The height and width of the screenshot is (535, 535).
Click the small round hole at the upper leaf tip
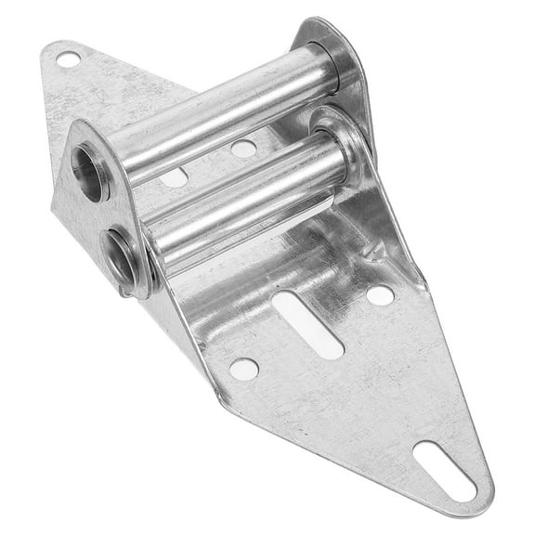tap(68, 60)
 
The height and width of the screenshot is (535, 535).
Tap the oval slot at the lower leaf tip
tap(443, 469)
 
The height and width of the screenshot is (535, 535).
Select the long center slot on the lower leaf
tap(309, 322)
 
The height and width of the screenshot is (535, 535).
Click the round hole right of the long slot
tap(379, 294)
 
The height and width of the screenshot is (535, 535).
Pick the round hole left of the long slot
tap(244, 368)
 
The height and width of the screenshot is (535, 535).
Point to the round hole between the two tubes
tap(242, 148)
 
